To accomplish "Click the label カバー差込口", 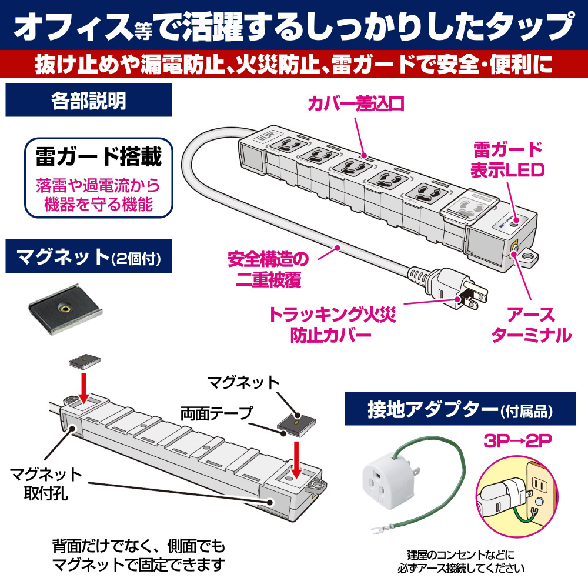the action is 356,104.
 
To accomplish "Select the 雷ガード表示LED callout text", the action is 507,160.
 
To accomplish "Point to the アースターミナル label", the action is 532,325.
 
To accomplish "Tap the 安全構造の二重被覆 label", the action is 268,269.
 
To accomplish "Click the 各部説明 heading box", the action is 89,100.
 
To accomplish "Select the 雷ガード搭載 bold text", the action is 99,157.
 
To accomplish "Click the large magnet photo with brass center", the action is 65,309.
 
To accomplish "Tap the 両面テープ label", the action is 217,413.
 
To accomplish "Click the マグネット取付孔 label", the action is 46,484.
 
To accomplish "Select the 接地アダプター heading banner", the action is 460,409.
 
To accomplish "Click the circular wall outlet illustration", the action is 517,497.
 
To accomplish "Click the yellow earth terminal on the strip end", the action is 514,249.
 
